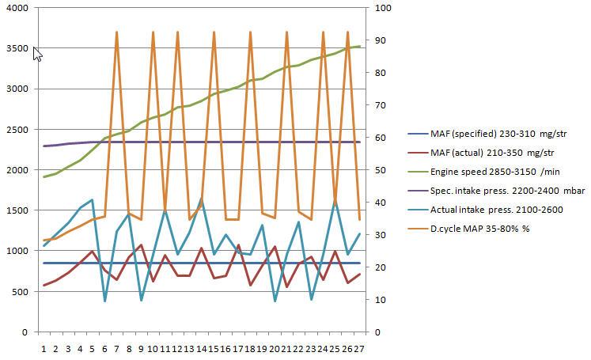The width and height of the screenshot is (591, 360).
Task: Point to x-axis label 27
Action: point(360,347)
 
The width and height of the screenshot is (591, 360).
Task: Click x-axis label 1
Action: point(44,347)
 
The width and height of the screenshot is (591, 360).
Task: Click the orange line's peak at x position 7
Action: point(116,32)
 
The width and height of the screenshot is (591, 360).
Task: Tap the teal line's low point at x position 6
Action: point(104,301)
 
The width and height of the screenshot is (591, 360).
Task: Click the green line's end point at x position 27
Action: point(360,47)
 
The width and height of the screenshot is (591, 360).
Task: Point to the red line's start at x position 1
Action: point(44,286)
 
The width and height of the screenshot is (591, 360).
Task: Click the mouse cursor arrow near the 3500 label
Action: point(37,53)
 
